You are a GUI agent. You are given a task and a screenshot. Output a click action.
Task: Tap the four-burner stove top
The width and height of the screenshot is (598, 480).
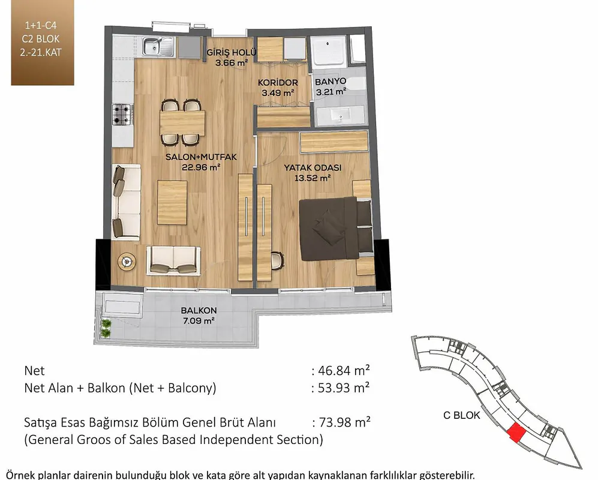122,115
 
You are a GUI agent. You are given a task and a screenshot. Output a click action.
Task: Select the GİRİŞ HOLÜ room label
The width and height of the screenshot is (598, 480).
231,52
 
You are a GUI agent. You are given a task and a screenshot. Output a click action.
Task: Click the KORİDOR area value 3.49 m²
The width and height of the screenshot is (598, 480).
278,92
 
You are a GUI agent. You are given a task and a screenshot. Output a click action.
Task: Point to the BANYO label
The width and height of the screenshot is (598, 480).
330,81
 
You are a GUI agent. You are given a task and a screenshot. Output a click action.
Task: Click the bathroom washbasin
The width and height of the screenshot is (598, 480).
340,115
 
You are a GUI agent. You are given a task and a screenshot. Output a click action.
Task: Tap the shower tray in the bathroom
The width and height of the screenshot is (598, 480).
328,52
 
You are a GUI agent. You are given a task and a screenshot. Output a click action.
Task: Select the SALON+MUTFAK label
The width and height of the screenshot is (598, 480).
201,157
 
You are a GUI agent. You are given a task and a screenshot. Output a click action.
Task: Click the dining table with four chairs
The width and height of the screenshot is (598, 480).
182,122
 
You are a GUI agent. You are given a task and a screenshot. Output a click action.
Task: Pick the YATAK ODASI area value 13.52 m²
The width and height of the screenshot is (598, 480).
312,178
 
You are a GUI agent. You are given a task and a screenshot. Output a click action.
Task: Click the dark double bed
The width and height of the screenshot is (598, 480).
336,229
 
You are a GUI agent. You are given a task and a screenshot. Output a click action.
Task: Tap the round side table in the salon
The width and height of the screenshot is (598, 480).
127,262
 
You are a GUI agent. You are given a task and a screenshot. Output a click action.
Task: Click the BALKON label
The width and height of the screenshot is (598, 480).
199,311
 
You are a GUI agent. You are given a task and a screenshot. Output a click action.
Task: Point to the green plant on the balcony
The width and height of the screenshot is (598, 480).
106,328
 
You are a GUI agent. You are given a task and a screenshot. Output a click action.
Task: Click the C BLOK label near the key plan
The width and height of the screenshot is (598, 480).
461,415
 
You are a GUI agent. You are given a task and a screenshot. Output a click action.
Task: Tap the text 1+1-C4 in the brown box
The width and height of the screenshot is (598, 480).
41,26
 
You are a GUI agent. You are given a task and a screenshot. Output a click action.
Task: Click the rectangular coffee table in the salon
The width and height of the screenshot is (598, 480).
172,203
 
